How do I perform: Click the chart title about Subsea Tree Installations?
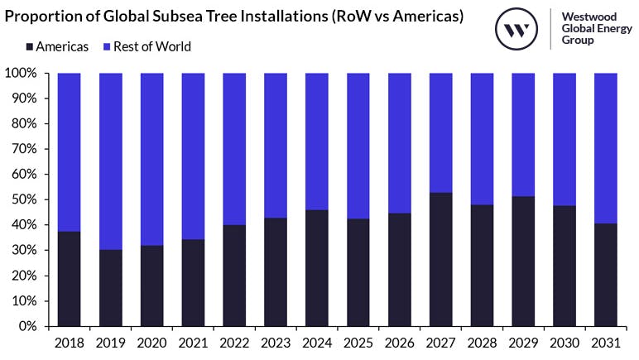point(234,17)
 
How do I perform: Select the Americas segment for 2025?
point(358,272)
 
